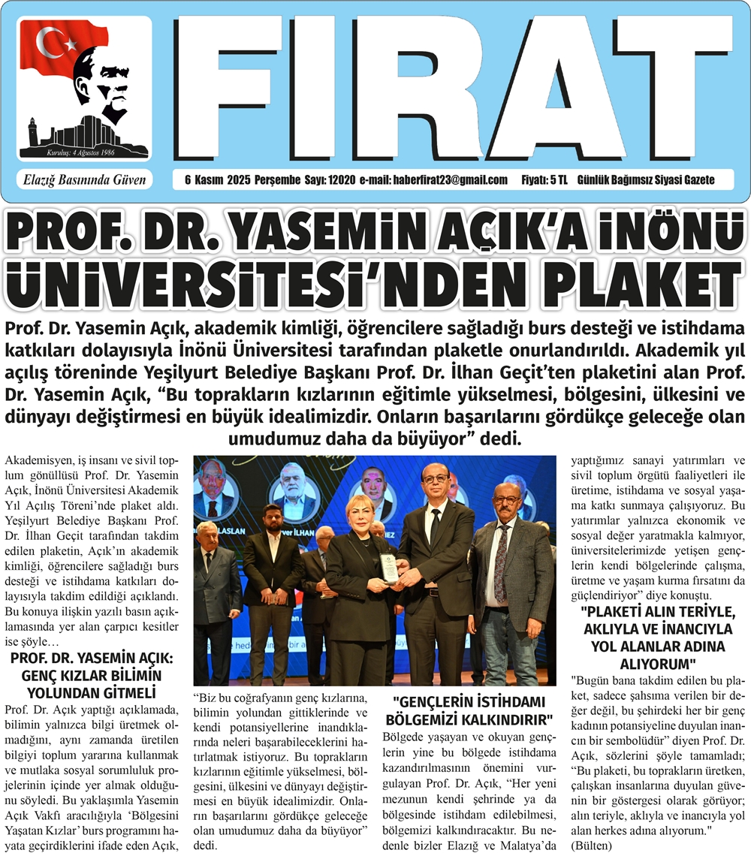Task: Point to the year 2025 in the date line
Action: (216, 180)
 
